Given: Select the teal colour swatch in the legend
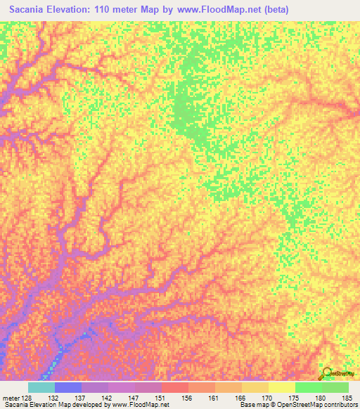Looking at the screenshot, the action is [x=41, y=387].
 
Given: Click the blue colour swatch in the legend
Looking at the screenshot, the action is [x=68, y=387].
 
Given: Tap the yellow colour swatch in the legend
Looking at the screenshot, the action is [x=281, y=387].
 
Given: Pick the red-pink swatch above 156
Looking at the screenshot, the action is [x=175, y=387].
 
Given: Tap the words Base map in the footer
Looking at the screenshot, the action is [x=251, y=405].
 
